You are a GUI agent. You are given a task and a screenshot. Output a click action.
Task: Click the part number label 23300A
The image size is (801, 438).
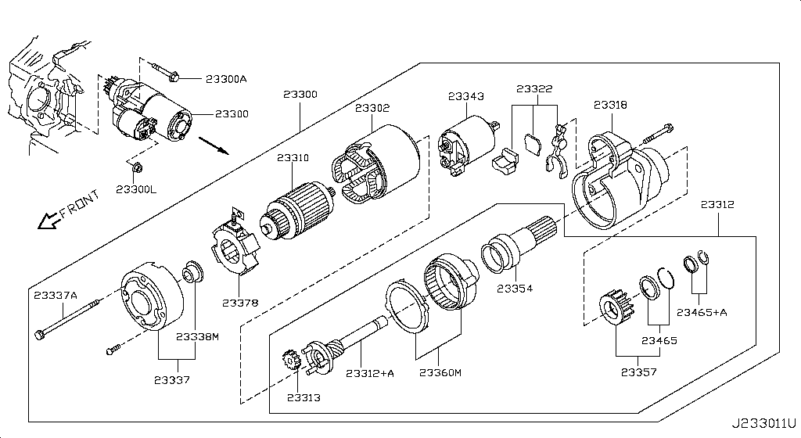coord(226,79)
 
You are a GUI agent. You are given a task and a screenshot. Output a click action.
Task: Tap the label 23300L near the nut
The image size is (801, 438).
coord(137,190)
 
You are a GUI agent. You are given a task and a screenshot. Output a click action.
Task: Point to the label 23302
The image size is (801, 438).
coord(372,108)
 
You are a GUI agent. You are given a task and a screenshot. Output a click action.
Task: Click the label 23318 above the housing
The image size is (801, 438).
coord(610,105)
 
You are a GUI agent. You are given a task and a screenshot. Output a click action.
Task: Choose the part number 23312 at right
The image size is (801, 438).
coord(717,205)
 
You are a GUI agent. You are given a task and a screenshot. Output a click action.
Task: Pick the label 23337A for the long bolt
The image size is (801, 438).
coord(56,295)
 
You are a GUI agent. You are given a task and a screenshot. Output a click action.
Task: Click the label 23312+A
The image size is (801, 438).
coord(370,374)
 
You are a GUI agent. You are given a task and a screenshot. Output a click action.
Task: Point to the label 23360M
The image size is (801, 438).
coord(440,373)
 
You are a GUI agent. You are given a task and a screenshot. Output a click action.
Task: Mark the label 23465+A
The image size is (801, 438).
coord(702,312)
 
